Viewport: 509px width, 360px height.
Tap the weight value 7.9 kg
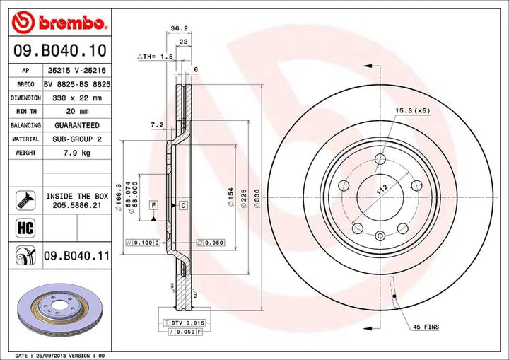[74, 152]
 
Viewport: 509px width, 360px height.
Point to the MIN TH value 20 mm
[74, 111]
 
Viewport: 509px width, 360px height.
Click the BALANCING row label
[25, 125]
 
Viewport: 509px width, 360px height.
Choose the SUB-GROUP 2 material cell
[74, 139]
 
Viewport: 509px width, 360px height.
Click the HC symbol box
[25, 227]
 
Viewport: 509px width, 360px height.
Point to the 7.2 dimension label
[157, 124]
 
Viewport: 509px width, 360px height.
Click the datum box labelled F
[152, 205]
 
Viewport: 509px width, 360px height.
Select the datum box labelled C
[182, 205]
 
